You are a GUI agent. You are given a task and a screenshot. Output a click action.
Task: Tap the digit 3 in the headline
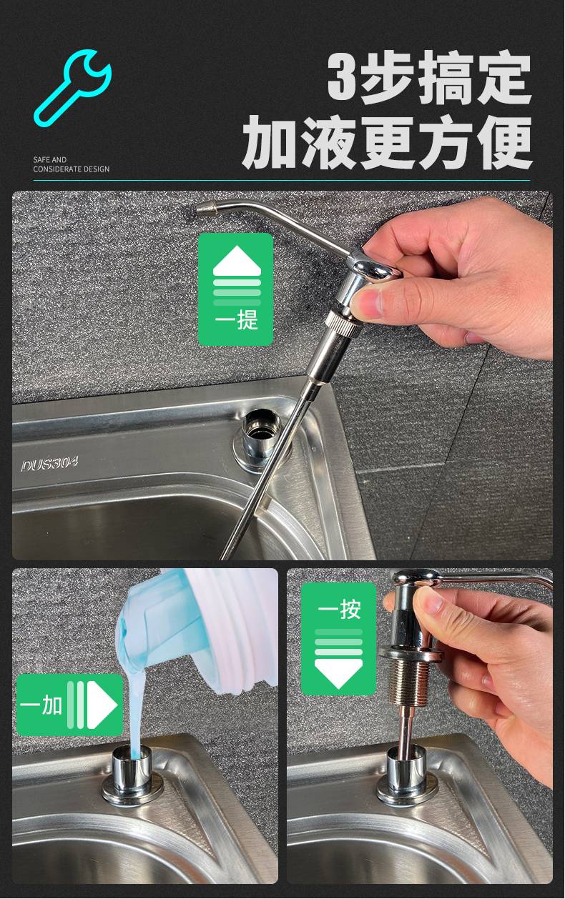tap(343, 76)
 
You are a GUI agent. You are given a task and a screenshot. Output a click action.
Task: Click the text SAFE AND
tap(50, 160)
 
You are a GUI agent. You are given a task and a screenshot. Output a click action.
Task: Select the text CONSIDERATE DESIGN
tap(72, 169)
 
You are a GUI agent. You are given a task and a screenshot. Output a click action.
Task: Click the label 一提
tap(236, 321)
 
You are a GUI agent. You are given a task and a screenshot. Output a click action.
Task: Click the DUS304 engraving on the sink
tap(50, 465)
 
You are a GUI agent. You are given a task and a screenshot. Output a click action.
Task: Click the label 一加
tap(41, 705)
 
